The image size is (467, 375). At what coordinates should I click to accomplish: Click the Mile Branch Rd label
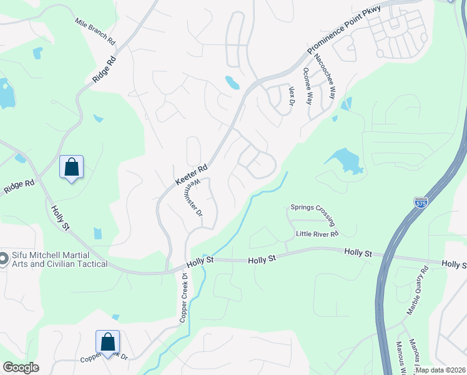96,31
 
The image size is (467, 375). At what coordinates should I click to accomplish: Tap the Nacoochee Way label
325,77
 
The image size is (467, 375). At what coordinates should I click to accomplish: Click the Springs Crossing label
313,215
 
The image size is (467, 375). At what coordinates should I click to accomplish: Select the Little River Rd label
317,234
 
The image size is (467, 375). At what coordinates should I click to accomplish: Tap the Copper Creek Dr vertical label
184,297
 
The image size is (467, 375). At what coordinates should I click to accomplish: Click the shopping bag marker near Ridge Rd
72,167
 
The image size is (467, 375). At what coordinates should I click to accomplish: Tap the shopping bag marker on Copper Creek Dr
107,342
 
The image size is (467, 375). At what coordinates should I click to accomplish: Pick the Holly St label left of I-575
358,252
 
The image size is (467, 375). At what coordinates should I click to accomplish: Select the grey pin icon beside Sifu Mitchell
3,258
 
